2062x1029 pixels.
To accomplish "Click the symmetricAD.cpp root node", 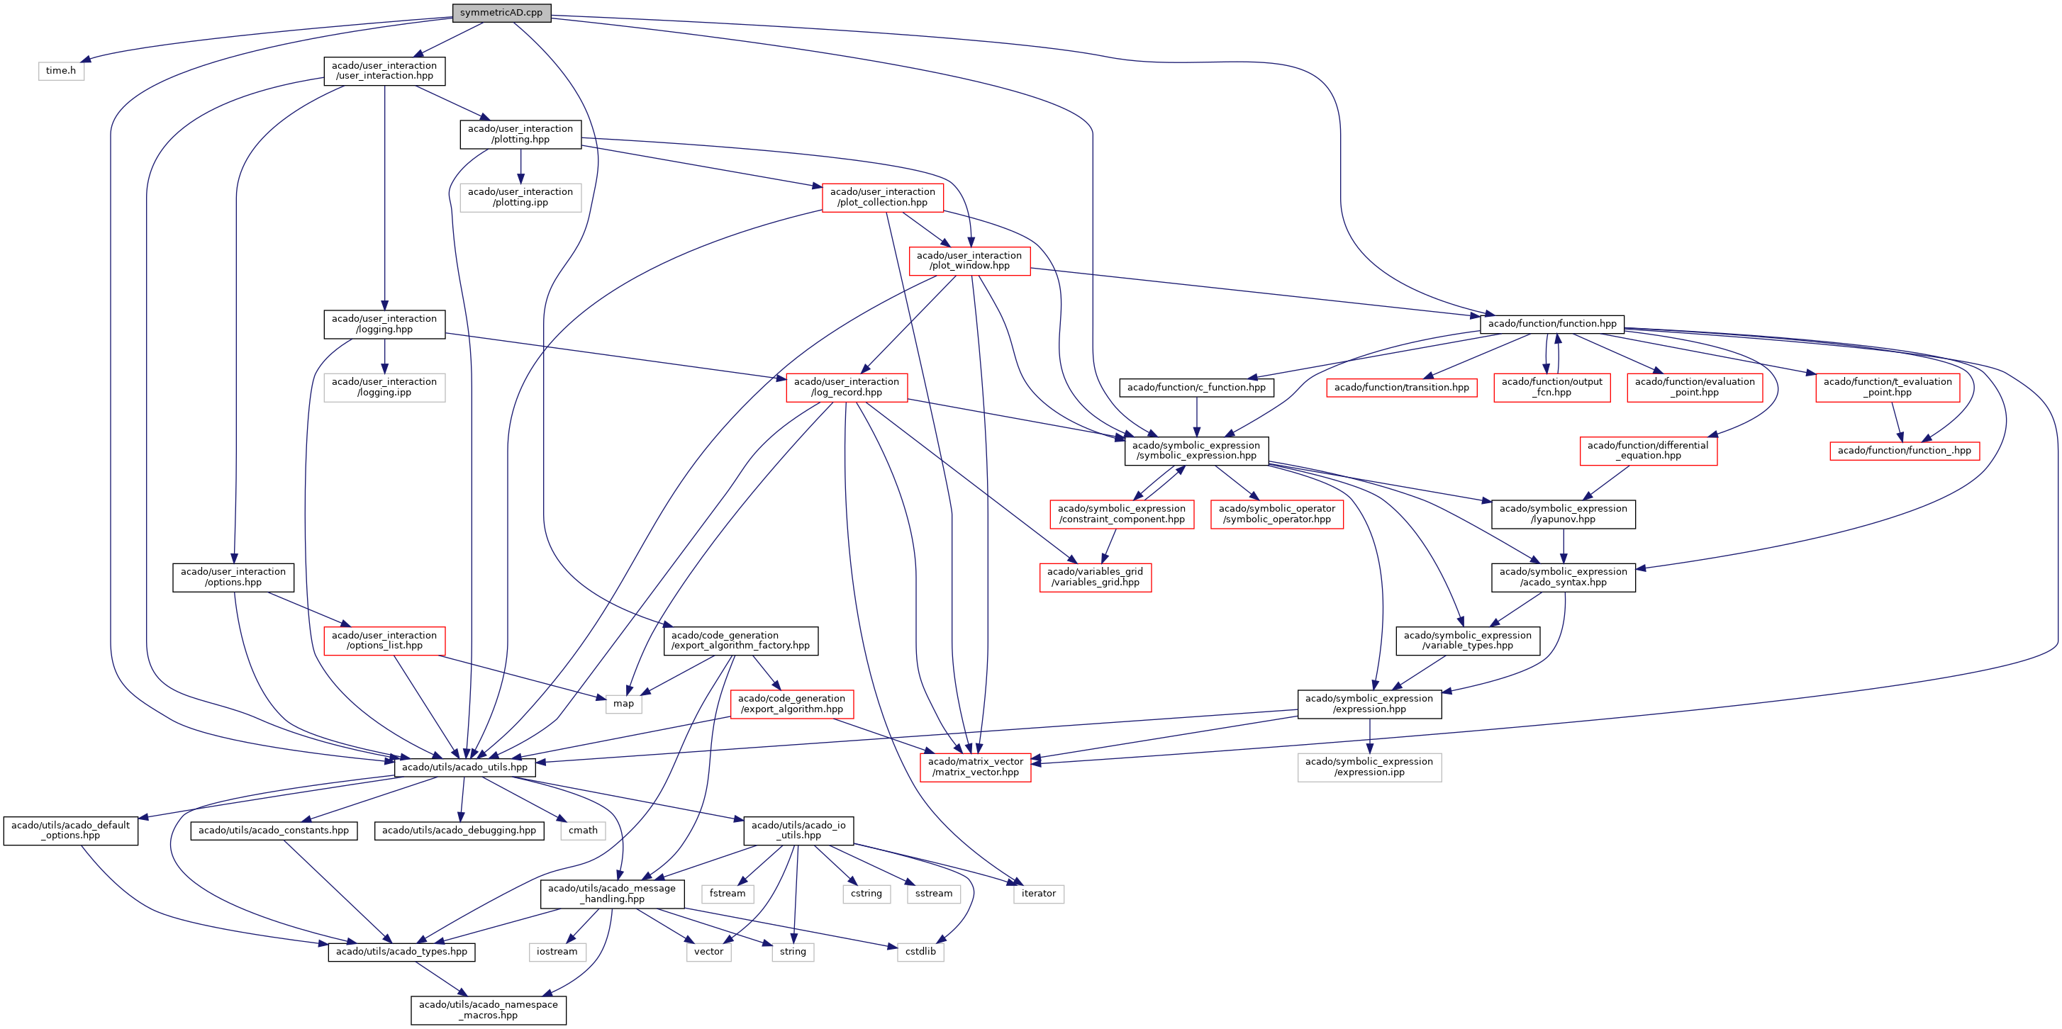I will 501,13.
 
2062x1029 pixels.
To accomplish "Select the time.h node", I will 61,70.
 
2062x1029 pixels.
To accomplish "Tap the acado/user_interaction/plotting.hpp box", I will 520,134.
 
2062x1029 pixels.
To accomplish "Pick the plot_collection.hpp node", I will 882,197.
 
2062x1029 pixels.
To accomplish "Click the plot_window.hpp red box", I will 969,261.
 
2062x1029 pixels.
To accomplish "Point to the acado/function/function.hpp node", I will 1551,324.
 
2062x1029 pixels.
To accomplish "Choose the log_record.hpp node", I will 846,387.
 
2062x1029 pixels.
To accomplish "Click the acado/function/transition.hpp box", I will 1401,387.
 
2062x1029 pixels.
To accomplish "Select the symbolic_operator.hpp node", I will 1277,514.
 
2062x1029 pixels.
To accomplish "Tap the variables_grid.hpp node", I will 1095,577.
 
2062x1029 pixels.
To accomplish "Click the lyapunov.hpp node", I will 1563,514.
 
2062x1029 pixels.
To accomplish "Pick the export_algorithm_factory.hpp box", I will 740,640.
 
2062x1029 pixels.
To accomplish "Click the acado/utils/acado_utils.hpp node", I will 464,767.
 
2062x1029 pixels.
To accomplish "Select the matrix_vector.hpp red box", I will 975,767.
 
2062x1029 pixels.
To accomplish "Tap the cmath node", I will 583,831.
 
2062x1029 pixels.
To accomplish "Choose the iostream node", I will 557,951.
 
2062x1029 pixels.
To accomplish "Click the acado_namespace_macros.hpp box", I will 489,1010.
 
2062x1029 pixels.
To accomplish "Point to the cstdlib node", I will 920,951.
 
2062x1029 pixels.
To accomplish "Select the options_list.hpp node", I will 384,640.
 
